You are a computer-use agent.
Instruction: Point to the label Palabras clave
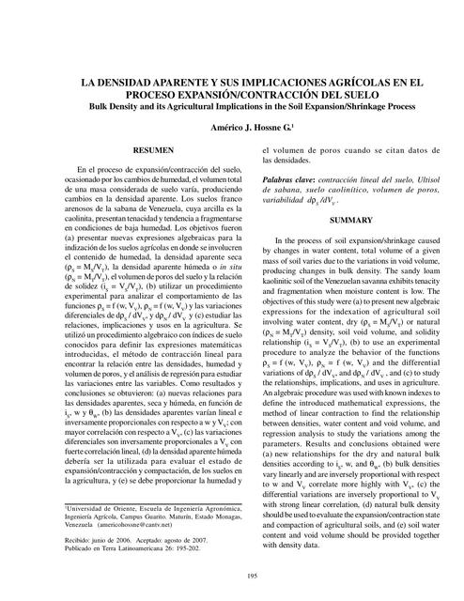[x=287, y=177]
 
